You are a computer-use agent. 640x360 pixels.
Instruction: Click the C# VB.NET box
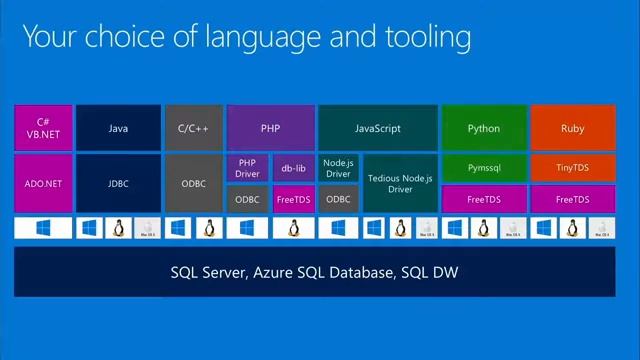click(x=44, y=128)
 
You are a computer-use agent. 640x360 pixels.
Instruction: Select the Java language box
click(x=118, y=128)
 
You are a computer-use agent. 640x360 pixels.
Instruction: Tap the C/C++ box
click(x=193, y=128)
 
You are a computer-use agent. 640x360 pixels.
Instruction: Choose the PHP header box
click(x=270, y=128)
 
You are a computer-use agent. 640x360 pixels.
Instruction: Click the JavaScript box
click(x=377, y=128)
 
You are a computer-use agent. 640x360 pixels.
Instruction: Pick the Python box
click(x=484, y=128)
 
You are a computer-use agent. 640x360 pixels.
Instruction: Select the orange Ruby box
click(x=573, y=128)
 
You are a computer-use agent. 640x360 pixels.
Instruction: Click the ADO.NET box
click(x=44, y=183)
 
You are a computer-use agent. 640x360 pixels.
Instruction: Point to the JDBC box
click(x=118, y=183)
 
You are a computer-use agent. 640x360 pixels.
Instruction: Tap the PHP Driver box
click(x=247, y=168)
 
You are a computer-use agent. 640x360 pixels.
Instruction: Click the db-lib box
click(x=293, y=168)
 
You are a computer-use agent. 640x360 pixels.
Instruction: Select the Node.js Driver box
click(x=338, y=168)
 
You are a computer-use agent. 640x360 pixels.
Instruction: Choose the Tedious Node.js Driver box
click(x=400, y=183)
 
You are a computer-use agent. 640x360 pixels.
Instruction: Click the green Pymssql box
click(x=484, y=169)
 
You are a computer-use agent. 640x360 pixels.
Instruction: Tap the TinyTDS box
click(x=573, y=169)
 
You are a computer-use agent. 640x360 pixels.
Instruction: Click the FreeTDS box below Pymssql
click(x=484, y=199)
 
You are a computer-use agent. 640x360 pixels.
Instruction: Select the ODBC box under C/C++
click(x=193, y=183)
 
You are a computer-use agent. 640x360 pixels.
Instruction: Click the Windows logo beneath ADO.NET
click(x=44, y=229)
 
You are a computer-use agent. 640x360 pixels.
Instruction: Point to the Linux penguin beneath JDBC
click(x=118, y=229)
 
